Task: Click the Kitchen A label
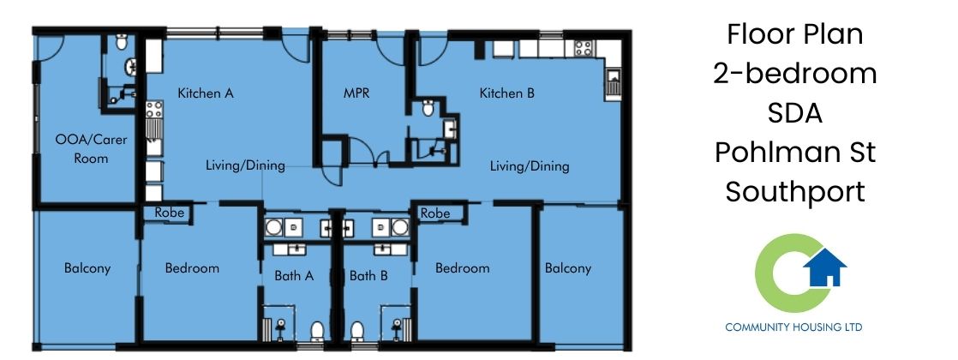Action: click(206, 93)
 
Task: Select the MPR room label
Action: click(356, 93)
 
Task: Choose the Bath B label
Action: click(368, 276)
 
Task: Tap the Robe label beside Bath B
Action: click(435, 213)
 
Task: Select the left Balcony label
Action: click(87, 268)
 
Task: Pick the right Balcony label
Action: click(568, 268)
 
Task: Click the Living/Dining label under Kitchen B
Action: click(530, 166)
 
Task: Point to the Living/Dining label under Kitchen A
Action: click(245, 166)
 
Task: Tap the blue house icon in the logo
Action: click(824, 269)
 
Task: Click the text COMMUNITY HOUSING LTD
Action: click(793, 327)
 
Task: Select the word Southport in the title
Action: click(794, 191)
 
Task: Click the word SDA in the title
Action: click(794, 113)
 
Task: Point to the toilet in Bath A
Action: click(317, 330)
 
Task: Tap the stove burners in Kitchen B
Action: click(584, 48)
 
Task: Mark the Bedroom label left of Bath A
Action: click(192, 268)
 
